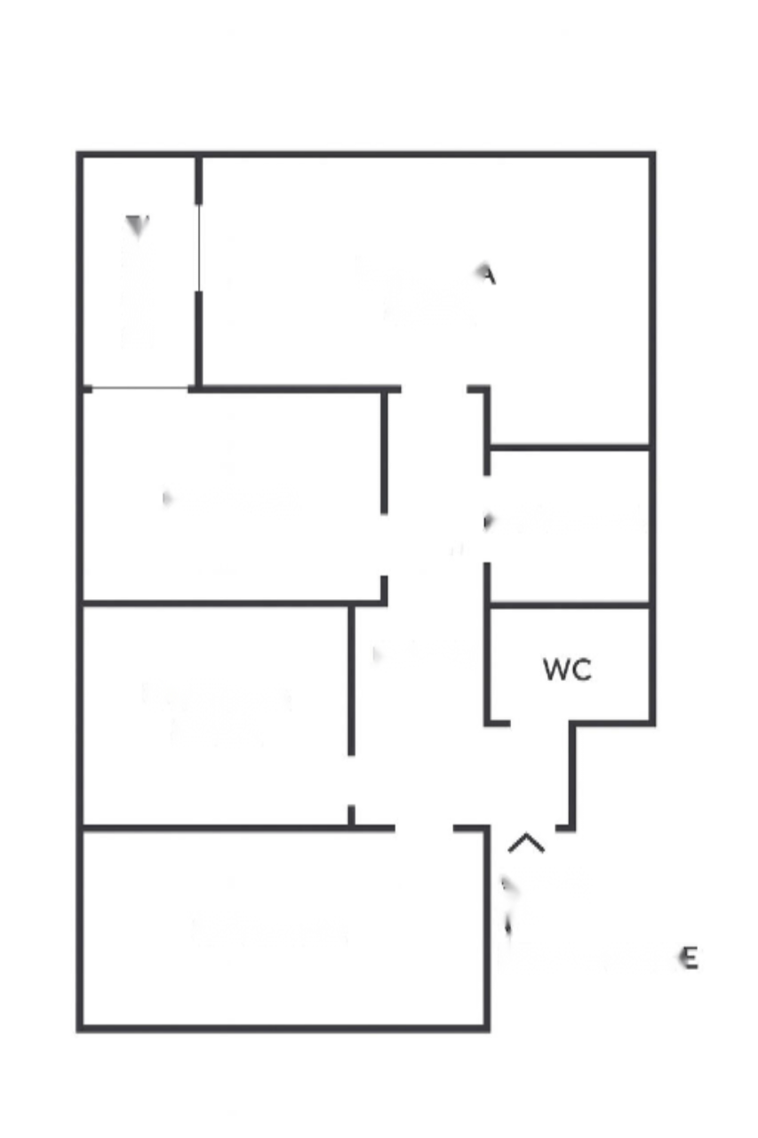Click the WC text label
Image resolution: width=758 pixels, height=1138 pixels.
tap(567, 670)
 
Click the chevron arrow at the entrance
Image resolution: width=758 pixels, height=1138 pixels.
tap(526, 843)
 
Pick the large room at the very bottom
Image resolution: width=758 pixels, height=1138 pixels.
tap(284, 929)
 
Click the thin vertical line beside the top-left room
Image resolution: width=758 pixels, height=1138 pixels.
tap(199, 248)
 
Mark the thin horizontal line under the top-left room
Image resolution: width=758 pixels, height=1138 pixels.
tap(140, 388)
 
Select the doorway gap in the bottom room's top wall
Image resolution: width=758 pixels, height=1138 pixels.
tap(424, 829)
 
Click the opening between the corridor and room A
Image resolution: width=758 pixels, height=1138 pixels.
tap(434, 389)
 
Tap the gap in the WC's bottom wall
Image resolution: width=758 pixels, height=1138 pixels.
tap(540, 724)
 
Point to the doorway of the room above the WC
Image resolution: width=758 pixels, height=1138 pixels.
tap(487, 519)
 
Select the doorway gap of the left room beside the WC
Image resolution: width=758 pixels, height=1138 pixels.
tap(351, 781)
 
